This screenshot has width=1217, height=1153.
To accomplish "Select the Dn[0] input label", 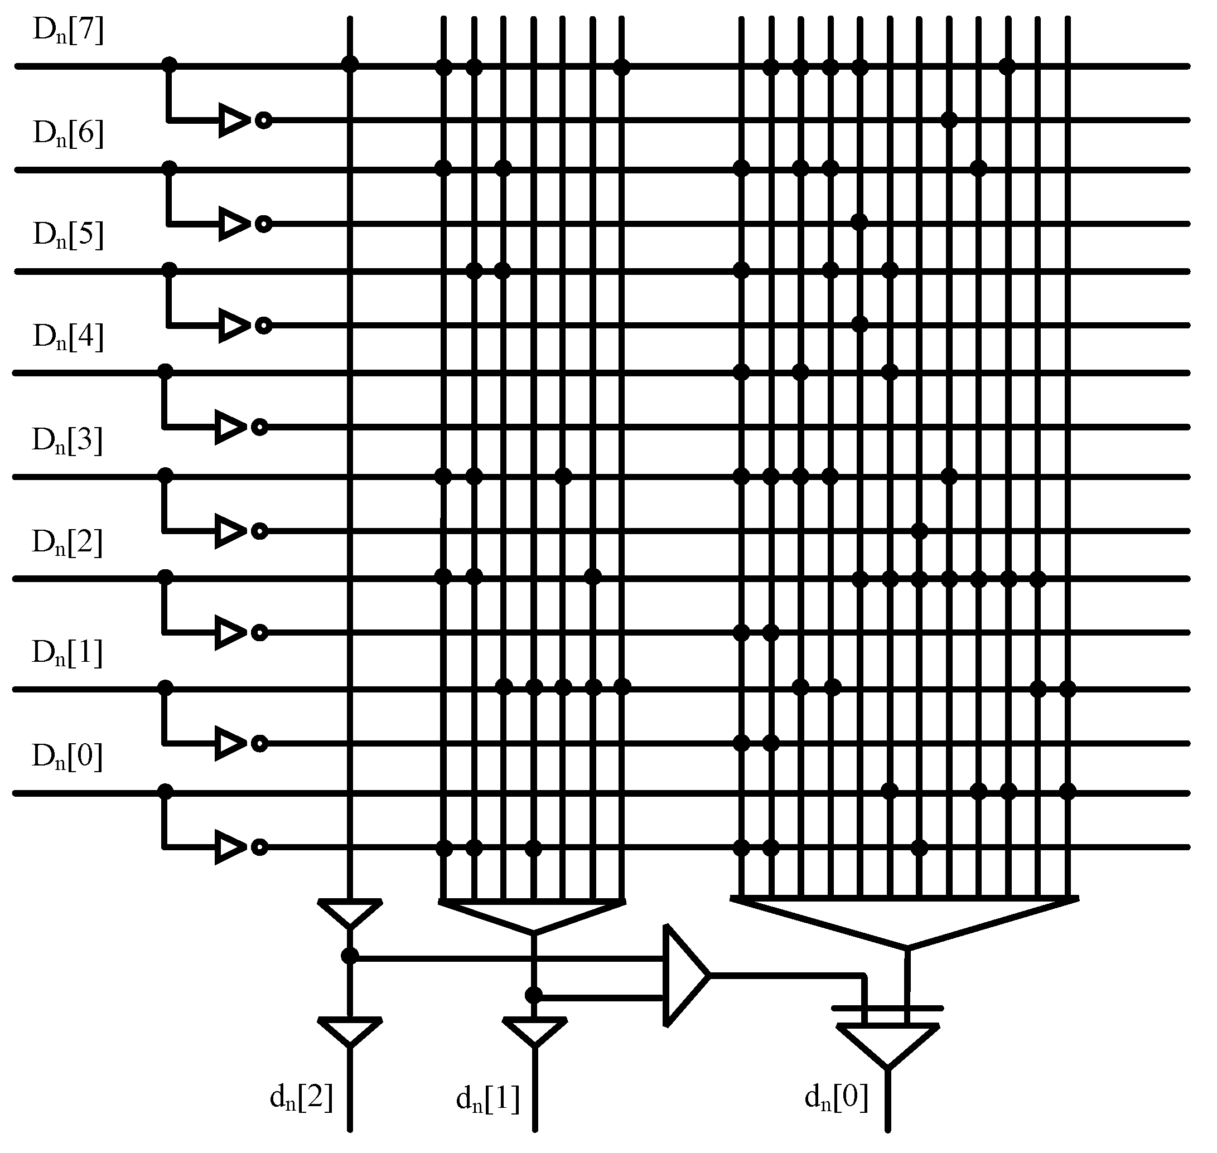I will [x=66, y=758].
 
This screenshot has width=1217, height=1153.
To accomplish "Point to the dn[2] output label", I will [x=301, y=1098].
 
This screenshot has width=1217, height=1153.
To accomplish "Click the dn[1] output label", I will [x=487, y=1099].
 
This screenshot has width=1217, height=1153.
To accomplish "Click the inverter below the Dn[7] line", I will [x=236, y=120].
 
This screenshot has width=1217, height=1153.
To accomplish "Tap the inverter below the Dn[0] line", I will [x=233, y=847].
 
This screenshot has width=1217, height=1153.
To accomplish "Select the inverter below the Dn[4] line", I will [x=233, y=427].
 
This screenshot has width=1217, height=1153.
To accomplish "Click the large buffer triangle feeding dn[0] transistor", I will [x=684, y=976].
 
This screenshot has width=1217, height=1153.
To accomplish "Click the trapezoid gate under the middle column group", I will [x=533, y=915].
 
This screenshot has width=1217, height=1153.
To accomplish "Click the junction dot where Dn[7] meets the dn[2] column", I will [x=350, y=64].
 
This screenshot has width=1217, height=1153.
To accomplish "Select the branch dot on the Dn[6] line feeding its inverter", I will [x=169, y=168].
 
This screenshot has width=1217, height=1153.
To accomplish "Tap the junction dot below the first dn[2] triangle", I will [x=349, y=956].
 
